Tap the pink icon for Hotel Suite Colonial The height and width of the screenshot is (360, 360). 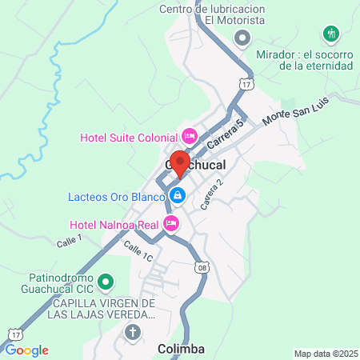[189, 137]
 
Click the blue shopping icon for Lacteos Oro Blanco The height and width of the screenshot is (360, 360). [178, 194]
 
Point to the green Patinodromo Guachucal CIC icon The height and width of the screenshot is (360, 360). [112, 282]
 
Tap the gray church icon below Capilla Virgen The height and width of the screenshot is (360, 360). [133, 331]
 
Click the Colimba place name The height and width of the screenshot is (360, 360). [181, 349]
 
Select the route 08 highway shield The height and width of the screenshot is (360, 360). [202, 269]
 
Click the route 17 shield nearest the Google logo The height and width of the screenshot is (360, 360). [15, 331]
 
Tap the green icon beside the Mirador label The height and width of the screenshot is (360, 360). [330, 34]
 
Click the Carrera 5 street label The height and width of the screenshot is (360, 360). [224, 132]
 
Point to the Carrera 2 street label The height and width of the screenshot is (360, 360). [211, 194]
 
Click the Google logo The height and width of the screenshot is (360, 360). [26, 350]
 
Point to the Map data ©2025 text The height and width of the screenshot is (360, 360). [324, 354]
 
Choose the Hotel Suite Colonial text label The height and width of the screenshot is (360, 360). [129, 137]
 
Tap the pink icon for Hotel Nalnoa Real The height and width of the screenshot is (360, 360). [170, 224]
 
